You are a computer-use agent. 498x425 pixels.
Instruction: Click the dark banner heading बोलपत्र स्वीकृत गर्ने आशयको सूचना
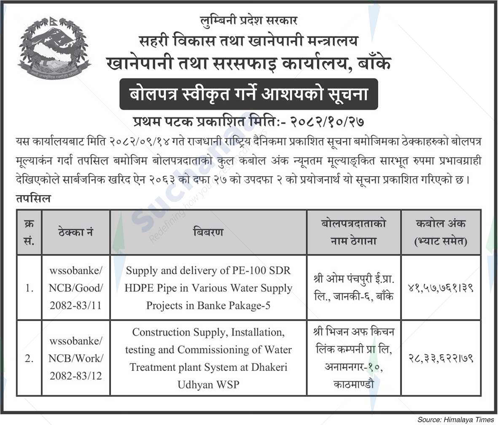pyautogui.click(x=248, y=94)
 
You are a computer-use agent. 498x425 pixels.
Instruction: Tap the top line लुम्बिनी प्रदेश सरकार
pyautogui.click(x=249, y=20)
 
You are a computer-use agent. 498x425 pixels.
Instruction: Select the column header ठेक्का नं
pyautogui.click(x=76, y=232)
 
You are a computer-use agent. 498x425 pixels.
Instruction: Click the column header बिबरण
pyautogui.click(x=208, y=232)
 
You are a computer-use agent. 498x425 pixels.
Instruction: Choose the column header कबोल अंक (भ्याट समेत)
pyautogui.click(x=441, y=232)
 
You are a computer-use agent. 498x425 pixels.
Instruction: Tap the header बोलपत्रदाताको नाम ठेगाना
pyautogui.click(x=353, y=232)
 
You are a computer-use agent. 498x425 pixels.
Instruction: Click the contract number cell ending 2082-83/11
pyautogui.click(x=76, y=288)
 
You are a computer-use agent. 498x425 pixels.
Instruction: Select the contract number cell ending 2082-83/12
pyautogui.click(x=76, y=358)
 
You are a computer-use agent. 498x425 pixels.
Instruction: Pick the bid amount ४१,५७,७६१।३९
pyautogui.click(x=441, y=288)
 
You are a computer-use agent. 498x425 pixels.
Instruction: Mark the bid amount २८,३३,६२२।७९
pyautogui.click(x=441, y=358)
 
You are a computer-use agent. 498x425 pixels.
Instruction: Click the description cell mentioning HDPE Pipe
pyautogui.click(x=208, y=288)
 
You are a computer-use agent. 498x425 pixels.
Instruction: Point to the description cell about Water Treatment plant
pyautogui.click(x=208, y=358)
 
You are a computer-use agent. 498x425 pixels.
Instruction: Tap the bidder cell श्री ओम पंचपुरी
pyautogui.click(x=353, y=288)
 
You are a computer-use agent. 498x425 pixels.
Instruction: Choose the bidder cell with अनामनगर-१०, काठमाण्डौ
pyautogui.click(x=353, y=358)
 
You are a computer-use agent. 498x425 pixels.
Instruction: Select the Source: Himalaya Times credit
pyautogui.click(x=455, y=420)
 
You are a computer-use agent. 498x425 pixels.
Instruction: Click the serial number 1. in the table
pyautogui.click(x=29, y=289)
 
